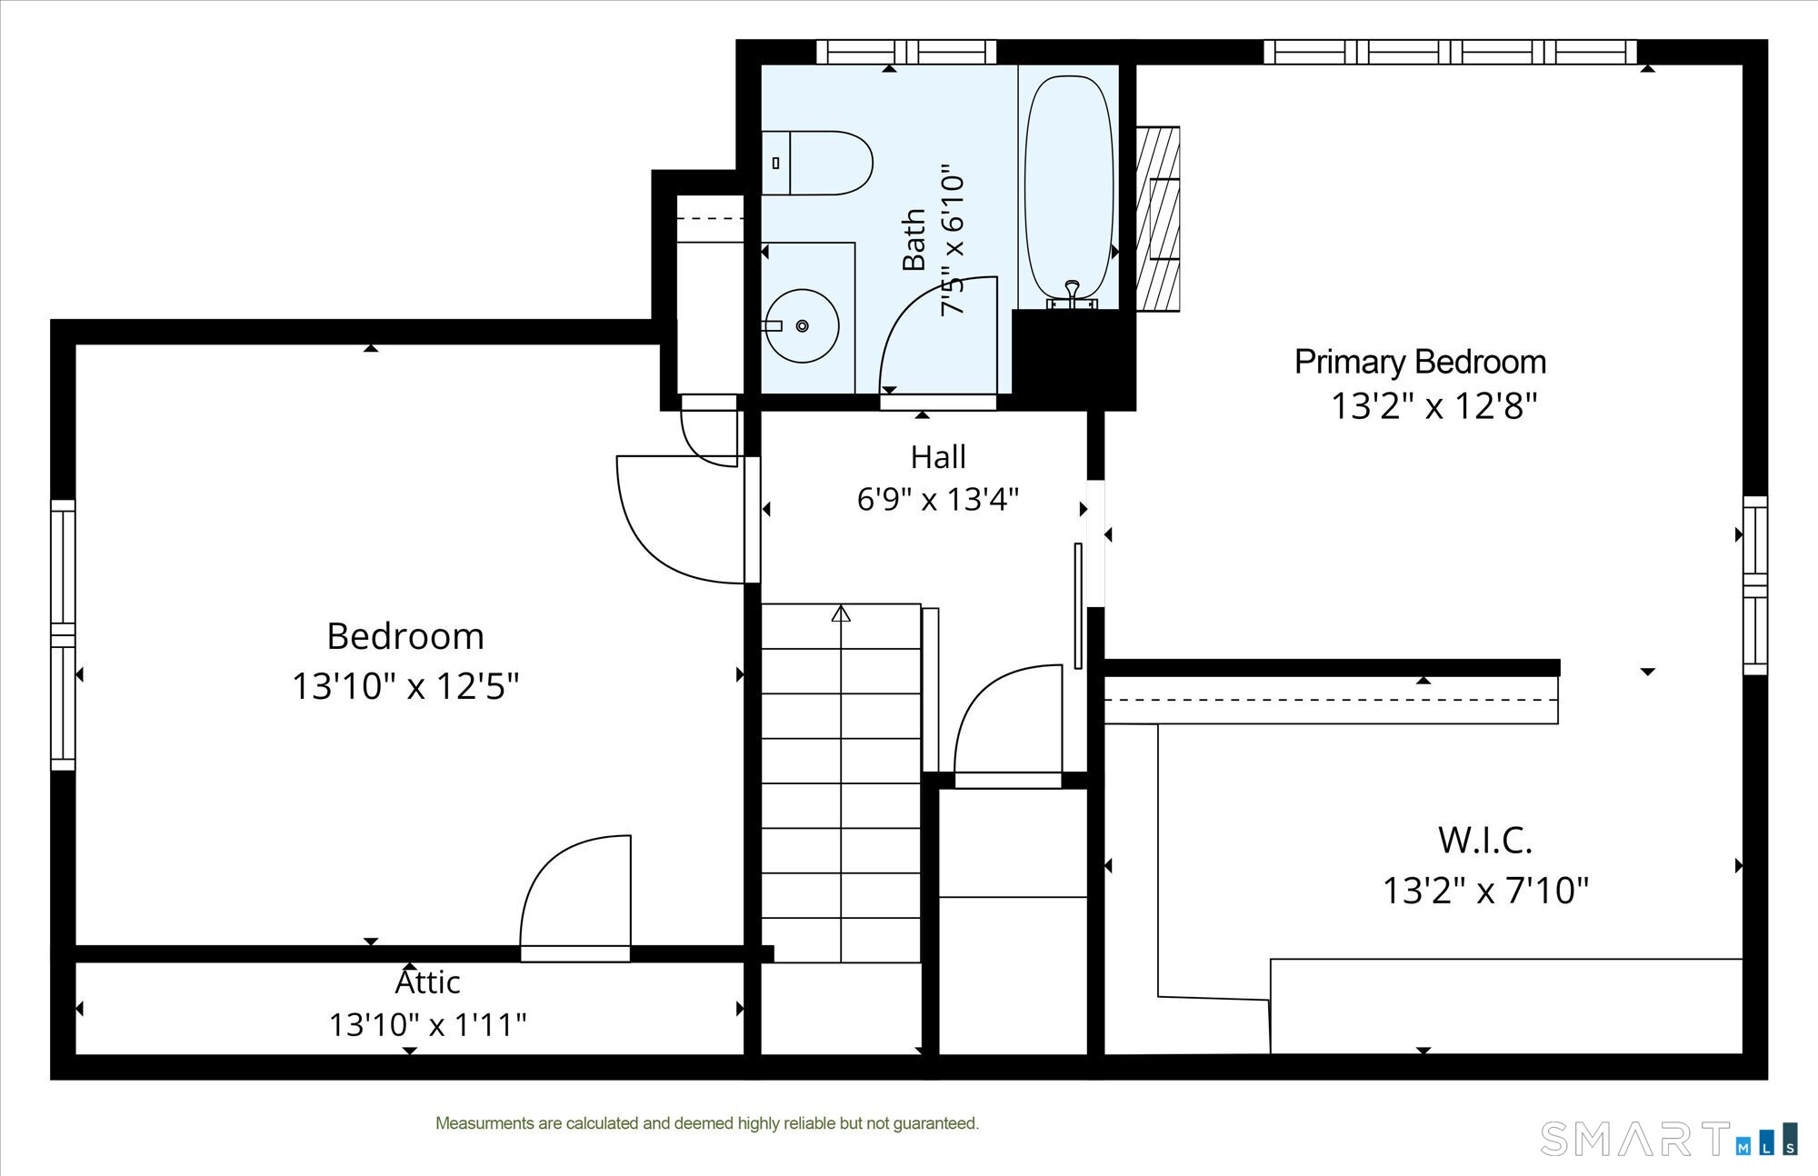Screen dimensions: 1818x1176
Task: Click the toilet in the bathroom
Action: click(x=816, y=163)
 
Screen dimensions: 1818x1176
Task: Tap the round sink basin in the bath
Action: click(x=802, y=325)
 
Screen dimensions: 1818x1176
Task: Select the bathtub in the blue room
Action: click(x=1069, y=186)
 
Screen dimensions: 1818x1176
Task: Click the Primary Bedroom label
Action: click(x=1420, y=362)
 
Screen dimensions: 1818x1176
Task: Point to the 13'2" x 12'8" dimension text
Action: click(x=1433, y=405)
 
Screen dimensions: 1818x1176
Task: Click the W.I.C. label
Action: click(x=1484, y=841)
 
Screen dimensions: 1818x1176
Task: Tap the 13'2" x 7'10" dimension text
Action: click(x=1485, y=890)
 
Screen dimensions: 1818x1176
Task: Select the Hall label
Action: click(x=938, y=456)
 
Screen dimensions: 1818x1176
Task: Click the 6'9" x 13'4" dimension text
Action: click(x=938, y=499)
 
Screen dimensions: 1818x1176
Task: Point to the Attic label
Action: click(x=427, y=982)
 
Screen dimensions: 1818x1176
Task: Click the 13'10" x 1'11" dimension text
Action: click(x=427, y=1025)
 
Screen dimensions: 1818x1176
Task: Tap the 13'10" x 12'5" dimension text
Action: click(x=405, y=686)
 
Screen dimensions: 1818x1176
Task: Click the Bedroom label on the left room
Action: click(x=405, y=636)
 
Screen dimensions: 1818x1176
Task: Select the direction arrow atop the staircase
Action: click(x=841, y=614)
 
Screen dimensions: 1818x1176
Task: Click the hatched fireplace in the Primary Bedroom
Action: click(x=1158, y=219)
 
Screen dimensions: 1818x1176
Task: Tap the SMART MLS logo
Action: click(x=1669, y=1139)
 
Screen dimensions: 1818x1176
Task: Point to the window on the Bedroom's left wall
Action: click(x=63, y=634)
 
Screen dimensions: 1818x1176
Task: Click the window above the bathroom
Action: click(x=906, y=52)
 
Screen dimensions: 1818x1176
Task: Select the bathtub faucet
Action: click(x=1073, y=293)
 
